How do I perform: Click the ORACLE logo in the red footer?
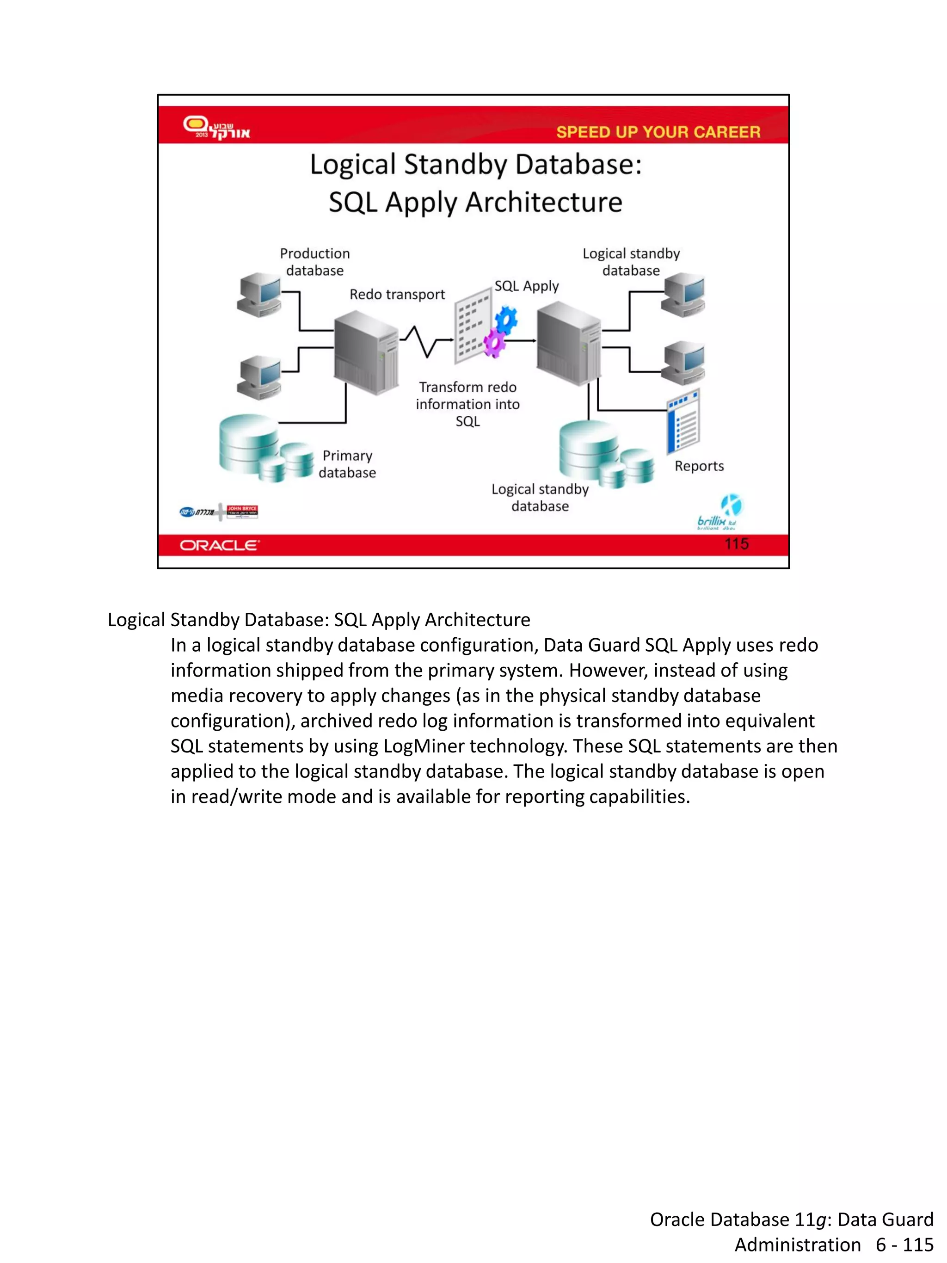219,545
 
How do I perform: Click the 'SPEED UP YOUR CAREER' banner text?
658,132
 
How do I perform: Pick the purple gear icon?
494,343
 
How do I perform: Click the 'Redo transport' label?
397,295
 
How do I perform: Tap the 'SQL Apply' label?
526,286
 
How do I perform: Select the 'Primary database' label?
347,464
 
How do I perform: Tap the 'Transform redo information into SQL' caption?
467,404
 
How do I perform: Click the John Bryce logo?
242,511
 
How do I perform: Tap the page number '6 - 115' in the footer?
904,1244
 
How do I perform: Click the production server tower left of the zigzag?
366,352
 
